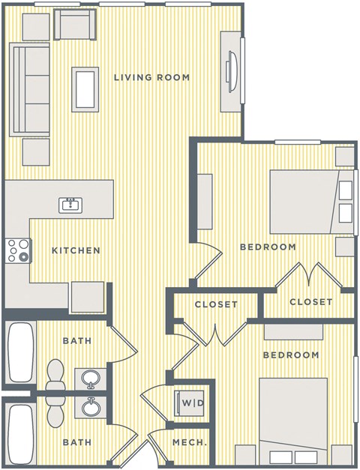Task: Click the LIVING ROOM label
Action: point(151,77)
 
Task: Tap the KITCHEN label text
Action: point(76,250)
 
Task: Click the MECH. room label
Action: point(190,443)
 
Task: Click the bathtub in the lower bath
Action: point(18,433)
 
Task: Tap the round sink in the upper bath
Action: point(91,377)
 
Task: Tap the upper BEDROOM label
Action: point(267,247)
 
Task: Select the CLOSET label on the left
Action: point(216,304)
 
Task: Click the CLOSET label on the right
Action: point(310,302)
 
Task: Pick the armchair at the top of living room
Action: point(74,28)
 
